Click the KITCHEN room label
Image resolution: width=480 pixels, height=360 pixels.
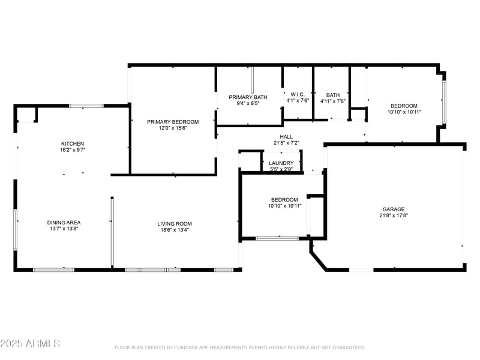point(73,144)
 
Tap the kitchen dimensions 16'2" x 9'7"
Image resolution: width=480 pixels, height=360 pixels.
point(73,151)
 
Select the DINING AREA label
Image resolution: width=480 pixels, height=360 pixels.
point(64,223)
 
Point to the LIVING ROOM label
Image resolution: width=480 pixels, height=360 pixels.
point(175,224)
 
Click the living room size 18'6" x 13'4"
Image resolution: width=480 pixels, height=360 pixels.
point(175,230)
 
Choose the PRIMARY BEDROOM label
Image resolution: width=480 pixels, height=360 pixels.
point(173,122)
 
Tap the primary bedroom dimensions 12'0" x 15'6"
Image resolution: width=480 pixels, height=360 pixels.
point(173,128)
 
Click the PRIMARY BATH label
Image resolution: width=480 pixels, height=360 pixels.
point(248,97)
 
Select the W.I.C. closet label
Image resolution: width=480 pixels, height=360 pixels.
point(298,95)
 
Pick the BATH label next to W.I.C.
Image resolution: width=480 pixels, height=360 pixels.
point(332,95)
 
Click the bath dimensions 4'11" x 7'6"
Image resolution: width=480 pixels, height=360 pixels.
point(332,101)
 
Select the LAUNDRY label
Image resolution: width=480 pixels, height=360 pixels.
point(281,163)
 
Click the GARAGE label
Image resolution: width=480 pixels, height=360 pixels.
point(394,209)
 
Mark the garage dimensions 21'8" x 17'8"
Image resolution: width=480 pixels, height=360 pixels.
point(394,216)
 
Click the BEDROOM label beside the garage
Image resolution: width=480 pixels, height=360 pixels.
point(284,200)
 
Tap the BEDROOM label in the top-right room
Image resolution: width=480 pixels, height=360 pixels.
point(404,106)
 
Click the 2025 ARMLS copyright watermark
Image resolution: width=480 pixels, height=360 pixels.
point(30,344)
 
